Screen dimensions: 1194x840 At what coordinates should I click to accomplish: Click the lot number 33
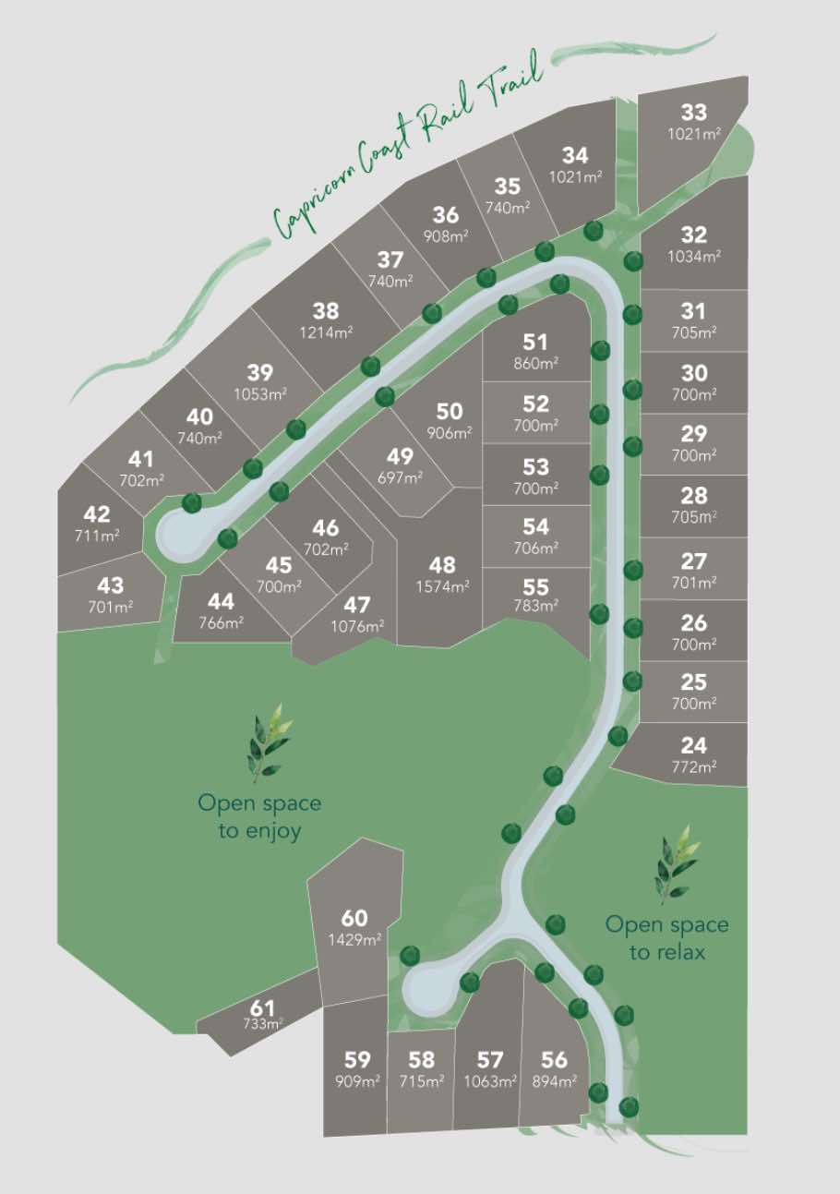pyautogui.click(x=693, y=113)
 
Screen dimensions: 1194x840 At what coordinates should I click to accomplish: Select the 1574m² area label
pyautogui.click(x=443, y=585)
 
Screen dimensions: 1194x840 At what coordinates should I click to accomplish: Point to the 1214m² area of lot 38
pyautogui.click(x=325, y=332)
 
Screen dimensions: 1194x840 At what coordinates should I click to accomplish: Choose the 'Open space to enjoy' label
pyautogui.click(x=259, y=816)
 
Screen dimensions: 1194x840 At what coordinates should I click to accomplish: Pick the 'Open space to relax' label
pyautogui.click(x=666, y=937)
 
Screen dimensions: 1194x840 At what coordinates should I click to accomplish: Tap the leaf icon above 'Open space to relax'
pyautogui.click(x=675, y=864)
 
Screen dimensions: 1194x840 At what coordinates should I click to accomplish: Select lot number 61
pyautogui.click(x=262, y=1007)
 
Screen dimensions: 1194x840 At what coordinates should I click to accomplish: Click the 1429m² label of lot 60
pyautogui.click(x=354, y=939)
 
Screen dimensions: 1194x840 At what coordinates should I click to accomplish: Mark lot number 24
pyautogui.click(x=693, y=744)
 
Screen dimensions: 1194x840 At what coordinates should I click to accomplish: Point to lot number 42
pyautogui.click(x=96, y=515)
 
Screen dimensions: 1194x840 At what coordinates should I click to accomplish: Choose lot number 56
pyautogui.click(x=554, y=1060)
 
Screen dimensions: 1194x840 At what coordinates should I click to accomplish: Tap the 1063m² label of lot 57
pyautogui.click(x=490, y=1081)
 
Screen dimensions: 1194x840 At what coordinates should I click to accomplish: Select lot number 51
pyautogui.click(x=535, y=343)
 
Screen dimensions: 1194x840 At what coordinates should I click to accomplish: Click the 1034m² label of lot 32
pyautogui.click(x=693, y=256)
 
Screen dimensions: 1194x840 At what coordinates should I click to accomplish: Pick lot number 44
pyautogui.click(x=221, y=602)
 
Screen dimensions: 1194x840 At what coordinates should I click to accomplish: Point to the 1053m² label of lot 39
pyautogui.click(x=259, y=394)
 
